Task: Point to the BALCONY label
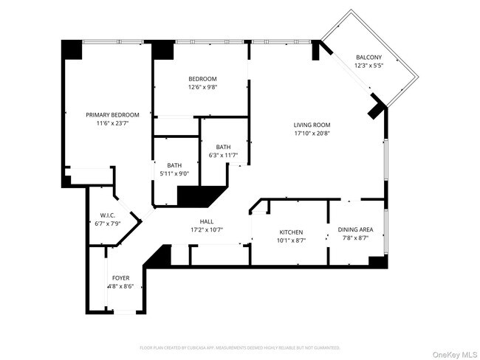click(368, 57)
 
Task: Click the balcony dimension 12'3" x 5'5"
click(368, 66)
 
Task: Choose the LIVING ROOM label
click(312, 125)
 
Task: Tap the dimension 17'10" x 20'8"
click(312, 134)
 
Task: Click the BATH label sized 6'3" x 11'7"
click(223, 147)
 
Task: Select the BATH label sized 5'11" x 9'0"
click(174, 165)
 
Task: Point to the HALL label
click(207, 221)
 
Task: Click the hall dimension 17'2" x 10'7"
click(207, 230)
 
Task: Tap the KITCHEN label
click(290, 232)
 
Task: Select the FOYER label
click(121, 278)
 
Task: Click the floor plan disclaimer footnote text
click(239, 347)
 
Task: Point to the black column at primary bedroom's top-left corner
click(72, 49)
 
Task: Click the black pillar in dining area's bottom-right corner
click(377, 262)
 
